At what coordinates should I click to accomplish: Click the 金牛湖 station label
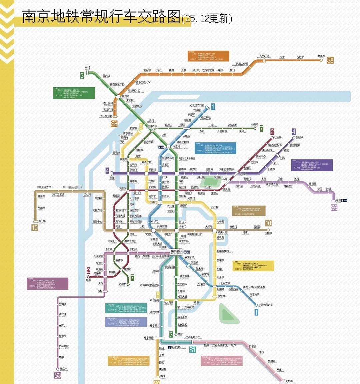point(321,56)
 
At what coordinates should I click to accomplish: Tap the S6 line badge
point(334,207)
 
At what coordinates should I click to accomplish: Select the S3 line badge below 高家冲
point(58,375)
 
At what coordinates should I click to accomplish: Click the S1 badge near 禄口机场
point(192,349)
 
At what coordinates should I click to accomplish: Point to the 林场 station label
point(88,68)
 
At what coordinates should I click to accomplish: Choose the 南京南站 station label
point(176,251)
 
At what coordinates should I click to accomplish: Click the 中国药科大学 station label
point(266,305)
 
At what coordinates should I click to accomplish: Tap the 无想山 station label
point(289,381)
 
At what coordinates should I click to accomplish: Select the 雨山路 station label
point(42,221)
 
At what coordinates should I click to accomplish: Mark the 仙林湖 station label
point(300,137)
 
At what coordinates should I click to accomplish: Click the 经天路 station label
point(278,137)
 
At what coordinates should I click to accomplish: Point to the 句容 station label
point(339,200)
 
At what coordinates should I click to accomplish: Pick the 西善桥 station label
point(123,284)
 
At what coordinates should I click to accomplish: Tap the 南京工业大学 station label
point(44,187)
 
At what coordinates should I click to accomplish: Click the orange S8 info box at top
point(208,56)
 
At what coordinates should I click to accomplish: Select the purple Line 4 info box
point(311,165)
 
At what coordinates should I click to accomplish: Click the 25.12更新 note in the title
point(207,18)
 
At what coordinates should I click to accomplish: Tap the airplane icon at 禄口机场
point(168,348)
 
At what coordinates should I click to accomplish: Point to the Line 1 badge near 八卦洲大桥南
point(213,107)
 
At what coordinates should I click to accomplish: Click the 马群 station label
point(225,179)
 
